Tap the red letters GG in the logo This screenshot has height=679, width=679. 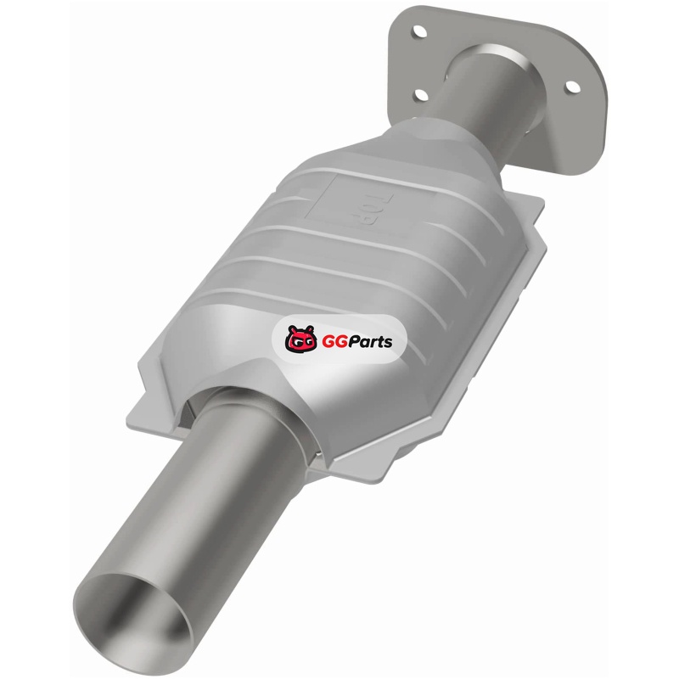tap(335, 341)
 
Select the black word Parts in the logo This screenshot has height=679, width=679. tap(371, 341)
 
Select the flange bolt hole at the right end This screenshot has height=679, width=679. tap(572, 87)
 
